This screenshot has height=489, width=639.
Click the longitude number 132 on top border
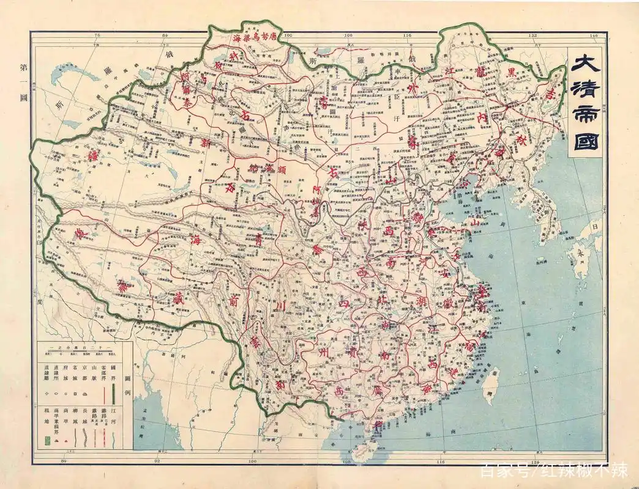tap(534, 36)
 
